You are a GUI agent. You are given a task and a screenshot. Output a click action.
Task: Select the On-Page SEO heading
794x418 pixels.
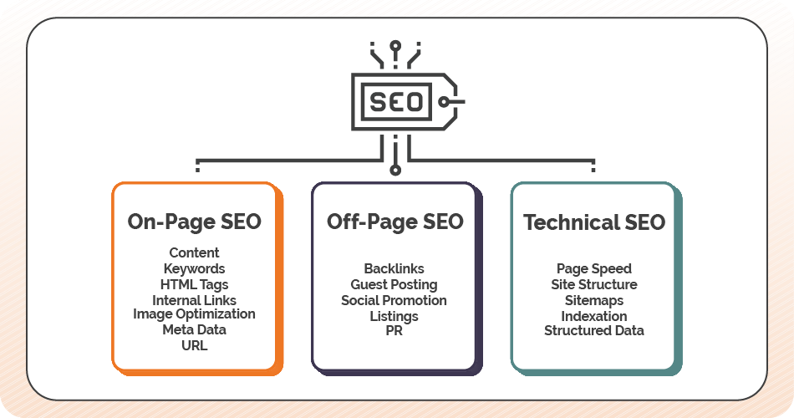point(194,222)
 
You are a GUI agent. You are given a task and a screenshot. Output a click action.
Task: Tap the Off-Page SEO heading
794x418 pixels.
point(394,222)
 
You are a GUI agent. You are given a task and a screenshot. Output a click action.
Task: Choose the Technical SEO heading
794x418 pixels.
point(593,222)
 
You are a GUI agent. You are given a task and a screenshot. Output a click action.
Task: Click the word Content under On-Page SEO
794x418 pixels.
point(194,252)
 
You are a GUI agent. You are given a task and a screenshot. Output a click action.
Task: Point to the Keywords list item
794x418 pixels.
point(194,268)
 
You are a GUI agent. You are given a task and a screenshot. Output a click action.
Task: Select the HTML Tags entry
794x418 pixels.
point(194,284)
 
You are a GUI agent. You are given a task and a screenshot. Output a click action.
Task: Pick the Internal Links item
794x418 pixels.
point(194,300)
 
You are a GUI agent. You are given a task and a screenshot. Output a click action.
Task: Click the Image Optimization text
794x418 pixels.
point(194,314)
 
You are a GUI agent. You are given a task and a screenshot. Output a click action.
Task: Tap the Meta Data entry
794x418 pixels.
point(194,329)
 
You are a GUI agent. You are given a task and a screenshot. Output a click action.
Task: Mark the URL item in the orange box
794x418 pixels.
point(194,344)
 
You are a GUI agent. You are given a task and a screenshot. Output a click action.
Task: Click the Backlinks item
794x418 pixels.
point(394,268)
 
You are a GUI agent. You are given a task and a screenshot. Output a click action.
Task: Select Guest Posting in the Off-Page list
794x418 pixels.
point(394,284)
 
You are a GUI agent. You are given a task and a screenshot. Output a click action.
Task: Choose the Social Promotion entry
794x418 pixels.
point(394,300)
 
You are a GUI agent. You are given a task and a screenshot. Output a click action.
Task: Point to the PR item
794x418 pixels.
point(394,332)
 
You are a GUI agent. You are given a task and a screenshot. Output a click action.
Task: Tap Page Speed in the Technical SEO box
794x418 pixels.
point(593,268)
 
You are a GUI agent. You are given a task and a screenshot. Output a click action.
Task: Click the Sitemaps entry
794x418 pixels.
point(593,300)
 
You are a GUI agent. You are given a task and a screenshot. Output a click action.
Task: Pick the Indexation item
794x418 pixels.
point(593,316)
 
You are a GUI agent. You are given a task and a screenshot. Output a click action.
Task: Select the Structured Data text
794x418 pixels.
point(593,330)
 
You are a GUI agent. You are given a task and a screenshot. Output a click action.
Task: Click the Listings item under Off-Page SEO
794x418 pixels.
point(394,316)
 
